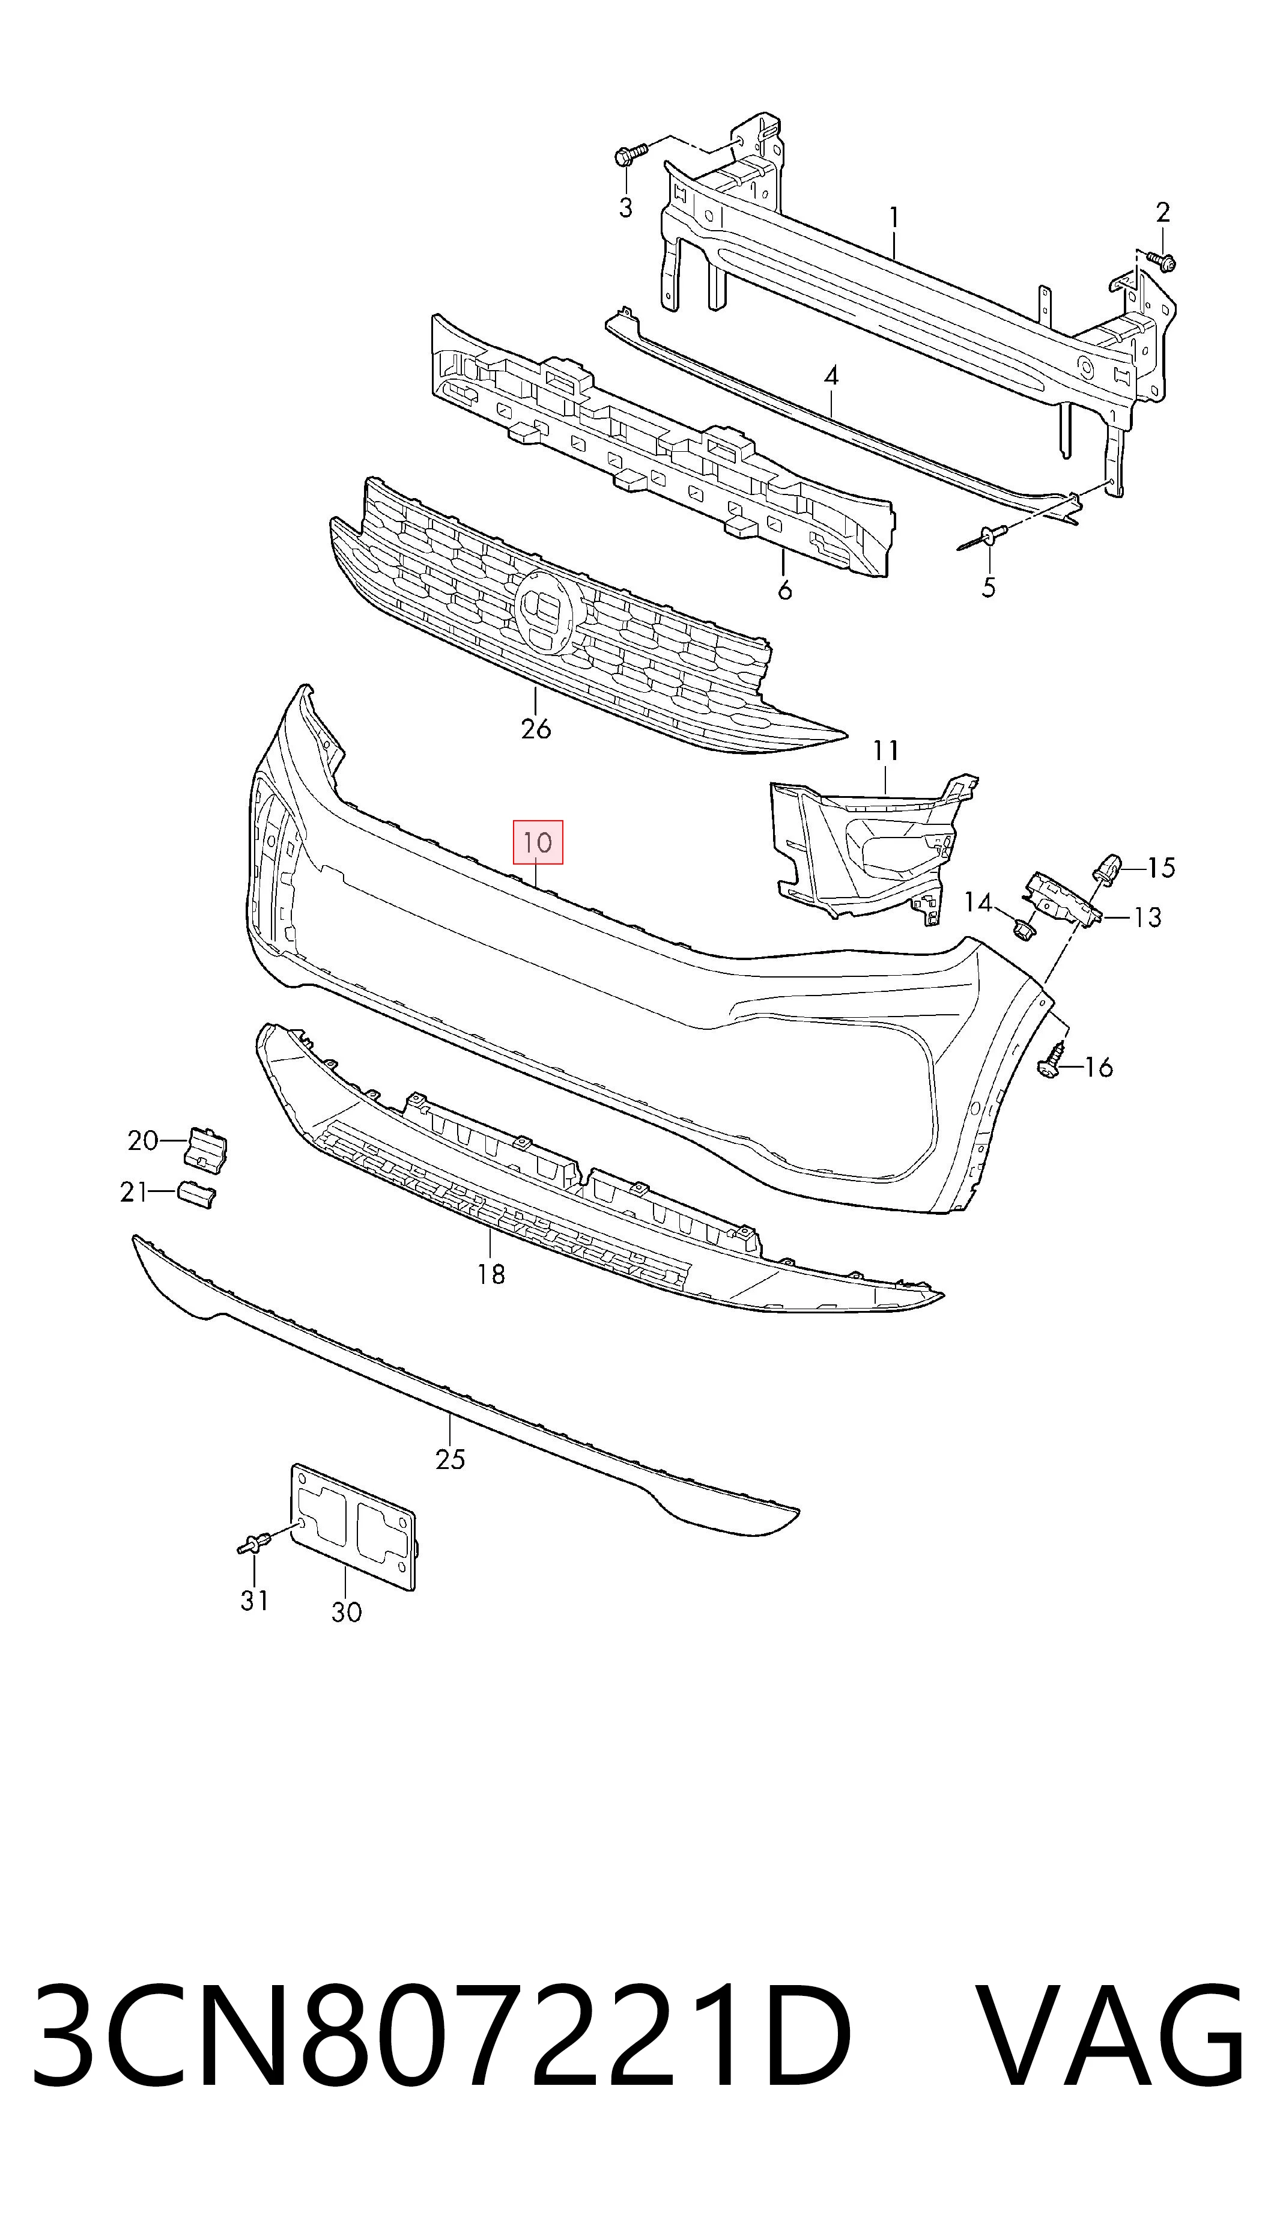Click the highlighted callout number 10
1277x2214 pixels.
(537, 843)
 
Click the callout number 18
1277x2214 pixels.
(491, 1274)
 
